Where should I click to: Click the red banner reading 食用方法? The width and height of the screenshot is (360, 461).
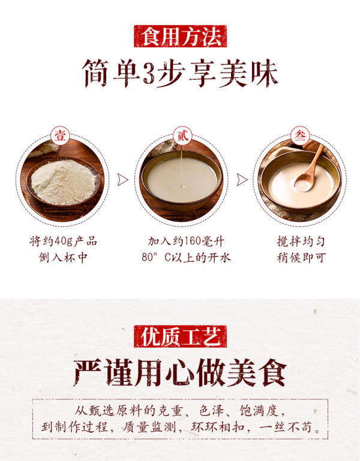180,36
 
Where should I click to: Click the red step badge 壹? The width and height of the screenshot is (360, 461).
61,136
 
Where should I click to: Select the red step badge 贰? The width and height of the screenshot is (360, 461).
182,136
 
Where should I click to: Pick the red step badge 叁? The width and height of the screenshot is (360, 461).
300,136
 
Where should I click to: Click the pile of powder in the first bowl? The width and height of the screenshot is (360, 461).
63,182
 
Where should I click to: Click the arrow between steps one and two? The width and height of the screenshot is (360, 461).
123,179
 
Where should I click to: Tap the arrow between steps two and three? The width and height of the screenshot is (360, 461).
242,179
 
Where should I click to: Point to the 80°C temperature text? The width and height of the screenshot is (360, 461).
157,258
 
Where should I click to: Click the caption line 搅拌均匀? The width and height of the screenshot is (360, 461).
301,242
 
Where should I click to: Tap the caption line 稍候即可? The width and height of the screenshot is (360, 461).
301,258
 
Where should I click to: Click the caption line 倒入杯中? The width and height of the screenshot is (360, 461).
63,258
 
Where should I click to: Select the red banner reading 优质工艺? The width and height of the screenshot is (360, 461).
180,336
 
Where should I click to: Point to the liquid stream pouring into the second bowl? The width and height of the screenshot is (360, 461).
182,165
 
